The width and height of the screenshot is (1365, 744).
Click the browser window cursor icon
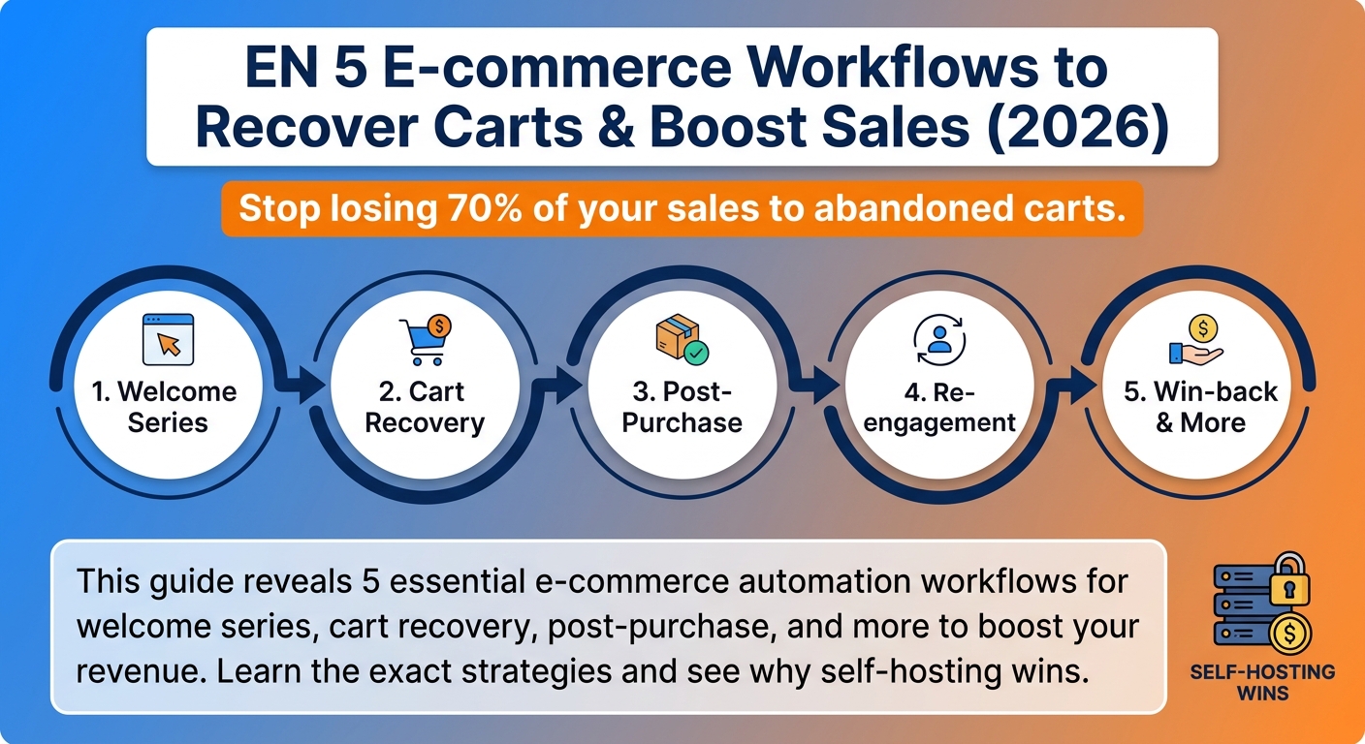pos(168,339)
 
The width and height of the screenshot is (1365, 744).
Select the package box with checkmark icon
pos(682,340)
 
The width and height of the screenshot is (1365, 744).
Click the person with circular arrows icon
pos(939,340)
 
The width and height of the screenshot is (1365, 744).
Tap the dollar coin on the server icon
pos(1289,635)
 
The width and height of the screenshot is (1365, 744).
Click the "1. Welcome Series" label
pos(165,407)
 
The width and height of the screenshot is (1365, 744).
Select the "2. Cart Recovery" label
pos(425,407)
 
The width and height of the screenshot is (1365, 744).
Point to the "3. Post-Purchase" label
pos(682,407)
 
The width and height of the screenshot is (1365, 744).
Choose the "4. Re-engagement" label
pos(939,407)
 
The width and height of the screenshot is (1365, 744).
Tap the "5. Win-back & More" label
pos(1200,407)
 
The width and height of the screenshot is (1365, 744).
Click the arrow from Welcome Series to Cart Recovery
pos(301,386)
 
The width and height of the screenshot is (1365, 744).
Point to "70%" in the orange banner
pos(485,208)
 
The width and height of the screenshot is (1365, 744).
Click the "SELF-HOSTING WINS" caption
pos(1262,683)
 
